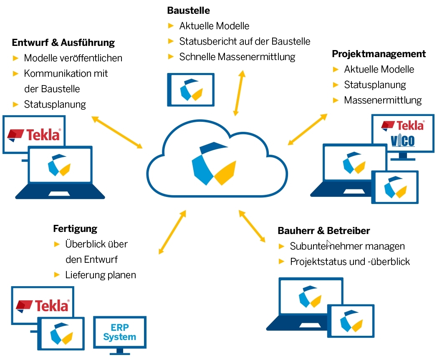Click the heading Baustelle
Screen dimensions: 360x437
(x=188, y=10)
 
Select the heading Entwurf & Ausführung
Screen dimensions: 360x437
(x=63, y=43)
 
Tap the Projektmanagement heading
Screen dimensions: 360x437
(x=379, y=54)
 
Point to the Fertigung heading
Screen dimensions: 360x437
(x=75, y=229)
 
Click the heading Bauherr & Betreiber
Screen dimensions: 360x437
(x=323, y=231)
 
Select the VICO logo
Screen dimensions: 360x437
(x=403, y=141)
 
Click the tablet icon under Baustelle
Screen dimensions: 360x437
(x=191, y=89)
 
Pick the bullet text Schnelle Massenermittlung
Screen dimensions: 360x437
(x=237, y=57)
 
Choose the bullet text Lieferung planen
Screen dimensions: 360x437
(x=101, y=275)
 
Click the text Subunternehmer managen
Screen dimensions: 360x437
(x=347, y=246)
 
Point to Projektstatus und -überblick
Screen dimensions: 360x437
(x=350, y=262)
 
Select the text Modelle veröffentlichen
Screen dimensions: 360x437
(x=73, y=58)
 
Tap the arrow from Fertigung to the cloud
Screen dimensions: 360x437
(x=172, y=232)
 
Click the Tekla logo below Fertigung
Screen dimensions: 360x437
(x=43, y=305)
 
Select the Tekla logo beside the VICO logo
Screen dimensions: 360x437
(x=403, y=125)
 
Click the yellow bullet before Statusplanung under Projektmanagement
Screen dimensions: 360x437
(x=336, y=85)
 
